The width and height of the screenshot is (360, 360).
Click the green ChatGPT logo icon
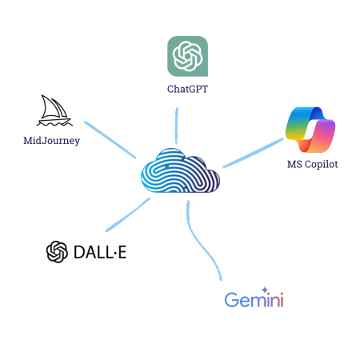187,56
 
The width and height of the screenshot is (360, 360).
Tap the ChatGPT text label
187,89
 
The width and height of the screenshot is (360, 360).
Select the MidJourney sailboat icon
54,110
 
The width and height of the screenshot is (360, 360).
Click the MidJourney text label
51,141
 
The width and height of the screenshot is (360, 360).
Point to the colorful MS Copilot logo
310,130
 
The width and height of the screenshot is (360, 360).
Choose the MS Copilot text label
313,164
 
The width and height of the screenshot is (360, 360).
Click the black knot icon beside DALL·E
57,252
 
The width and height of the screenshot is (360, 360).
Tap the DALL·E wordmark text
100,252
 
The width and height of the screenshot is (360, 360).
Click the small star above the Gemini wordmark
265,290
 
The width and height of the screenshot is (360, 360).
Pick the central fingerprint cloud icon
180,170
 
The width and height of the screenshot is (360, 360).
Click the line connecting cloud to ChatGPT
176,126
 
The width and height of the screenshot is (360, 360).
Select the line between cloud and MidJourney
110,140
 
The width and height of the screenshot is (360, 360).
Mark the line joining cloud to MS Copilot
253,153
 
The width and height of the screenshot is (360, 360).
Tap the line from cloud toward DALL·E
128,214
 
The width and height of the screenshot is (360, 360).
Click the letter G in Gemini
231,300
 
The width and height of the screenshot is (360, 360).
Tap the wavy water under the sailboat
54,124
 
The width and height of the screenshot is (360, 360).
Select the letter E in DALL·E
122,252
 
